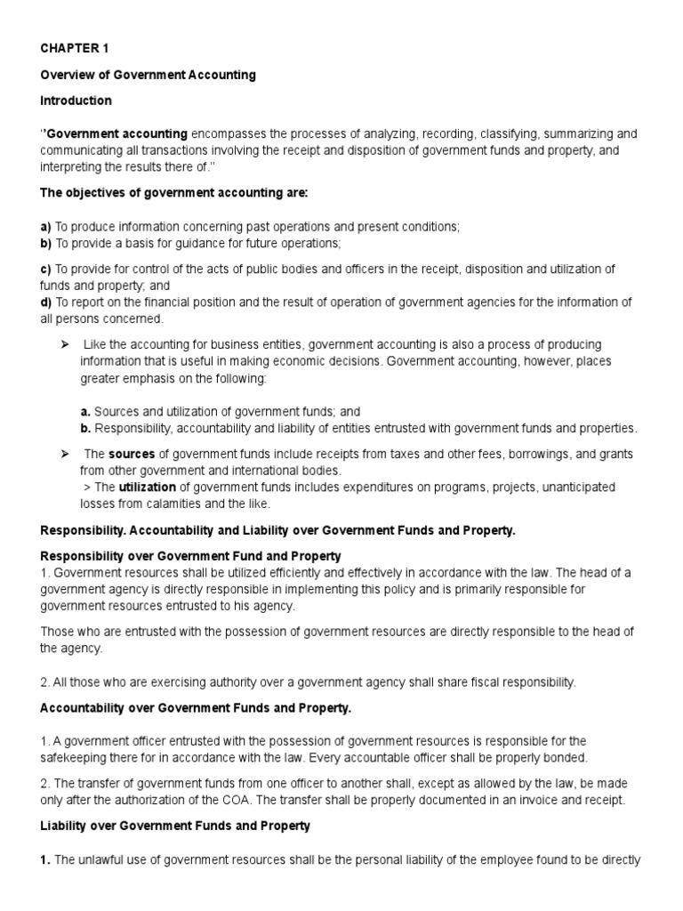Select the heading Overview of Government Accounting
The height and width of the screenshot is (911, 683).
point(149,75)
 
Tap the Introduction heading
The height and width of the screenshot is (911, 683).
point(76,101)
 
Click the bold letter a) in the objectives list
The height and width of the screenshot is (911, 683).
point(47,227)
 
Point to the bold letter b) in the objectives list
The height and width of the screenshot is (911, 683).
point(47,243)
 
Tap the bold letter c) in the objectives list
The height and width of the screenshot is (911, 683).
point(47,269)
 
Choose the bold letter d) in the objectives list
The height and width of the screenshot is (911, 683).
point(47,302)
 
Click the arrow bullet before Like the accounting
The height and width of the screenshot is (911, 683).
point(65,344)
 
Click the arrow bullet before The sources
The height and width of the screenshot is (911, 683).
point(65,454)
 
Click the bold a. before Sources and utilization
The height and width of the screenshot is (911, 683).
point(85,412)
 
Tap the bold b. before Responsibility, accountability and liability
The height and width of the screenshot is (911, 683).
point(85,428)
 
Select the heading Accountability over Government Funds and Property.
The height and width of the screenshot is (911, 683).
point(197,707)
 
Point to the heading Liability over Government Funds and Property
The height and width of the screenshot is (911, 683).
point(175,826)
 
